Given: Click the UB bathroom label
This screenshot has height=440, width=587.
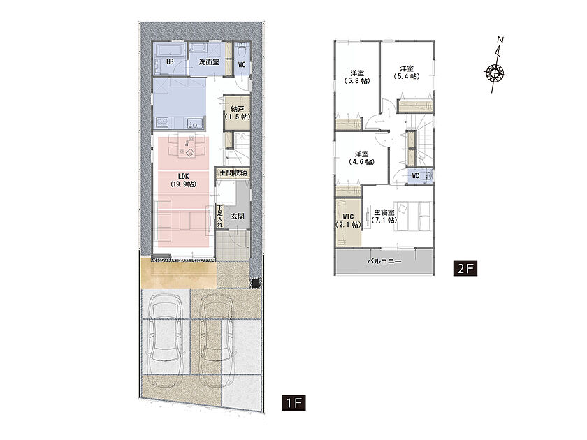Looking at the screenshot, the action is (170, 61).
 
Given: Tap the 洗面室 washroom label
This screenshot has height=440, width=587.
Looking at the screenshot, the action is (209, 61).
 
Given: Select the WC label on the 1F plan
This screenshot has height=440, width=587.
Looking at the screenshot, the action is (242, 65).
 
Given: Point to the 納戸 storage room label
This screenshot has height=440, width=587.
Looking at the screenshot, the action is (238, 112).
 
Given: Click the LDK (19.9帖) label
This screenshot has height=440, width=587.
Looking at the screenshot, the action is (183, 180).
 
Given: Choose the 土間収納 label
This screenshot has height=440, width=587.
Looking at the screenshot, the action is (233, 173).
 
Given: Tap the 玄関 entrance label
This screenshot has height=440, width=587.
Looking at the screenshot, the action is (238, 217).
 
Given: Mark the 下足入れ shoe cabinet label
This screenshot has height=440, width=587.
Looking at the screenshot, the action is (219, 216).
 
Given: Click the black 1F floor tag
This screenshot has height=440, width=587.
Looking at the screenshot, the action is (294, 402).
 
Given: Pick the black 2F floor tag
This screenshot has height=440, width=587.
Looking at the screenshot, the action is (465, 268).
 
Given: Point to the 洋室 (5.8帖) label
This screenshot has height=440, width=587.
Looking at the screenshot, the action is (357, 77).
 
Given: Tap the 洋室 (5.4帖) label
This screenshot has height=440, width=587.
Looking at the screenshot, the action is (407, 73).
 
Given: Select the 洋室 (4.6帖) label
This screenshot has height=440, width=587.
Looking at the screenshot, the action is (362, 158).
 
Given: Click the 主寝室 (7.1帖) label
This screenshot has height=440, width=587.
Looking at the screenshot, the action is (384, 217).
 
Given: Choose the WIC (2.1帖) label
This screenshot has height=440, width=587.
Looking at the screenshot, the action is (348, 221).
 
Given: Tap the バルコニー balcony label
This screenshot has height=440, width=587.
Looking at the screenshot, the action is (384, 261).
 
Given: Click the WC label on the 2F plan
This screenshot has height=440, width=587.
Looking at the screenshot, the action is (416, 175).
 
